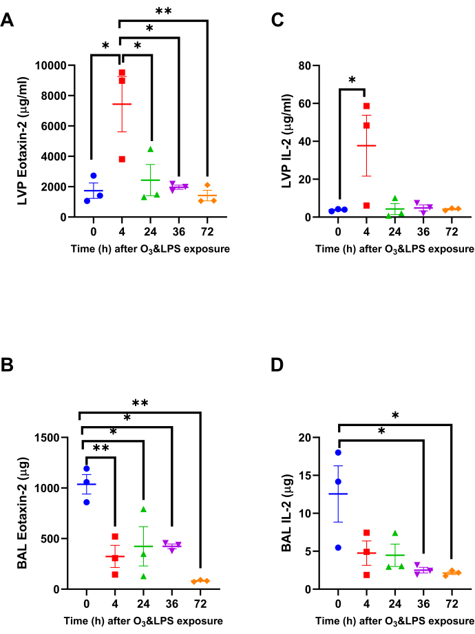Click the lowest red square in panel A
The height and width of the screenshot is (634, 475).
tap(122, 159)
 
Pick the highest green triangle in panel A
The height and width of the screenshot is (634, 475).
tap(151, 149)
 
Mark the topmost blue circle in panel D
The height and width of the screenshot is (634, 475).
tap(339, 452)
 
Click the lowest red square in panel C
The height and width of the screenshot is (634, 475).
tap(366, 205)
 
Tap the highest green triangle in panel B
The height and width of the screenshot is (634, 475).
tap(144, 509)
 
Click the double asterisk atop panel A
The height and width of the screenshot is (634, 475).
tap(163, 11)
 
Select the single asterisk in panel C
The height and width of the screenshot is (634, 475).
tap(352, 81)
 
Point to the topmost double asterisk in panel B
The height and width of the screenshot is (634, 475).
tap(140, 403)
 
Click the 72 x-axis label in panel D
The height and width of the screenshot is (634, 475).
tap(452, 604)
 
